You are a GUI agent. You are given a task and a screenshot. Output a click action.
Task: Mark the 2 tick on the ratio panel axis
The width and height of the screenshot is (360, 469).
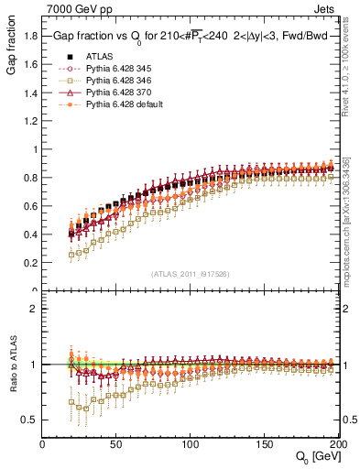[34, 309]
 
